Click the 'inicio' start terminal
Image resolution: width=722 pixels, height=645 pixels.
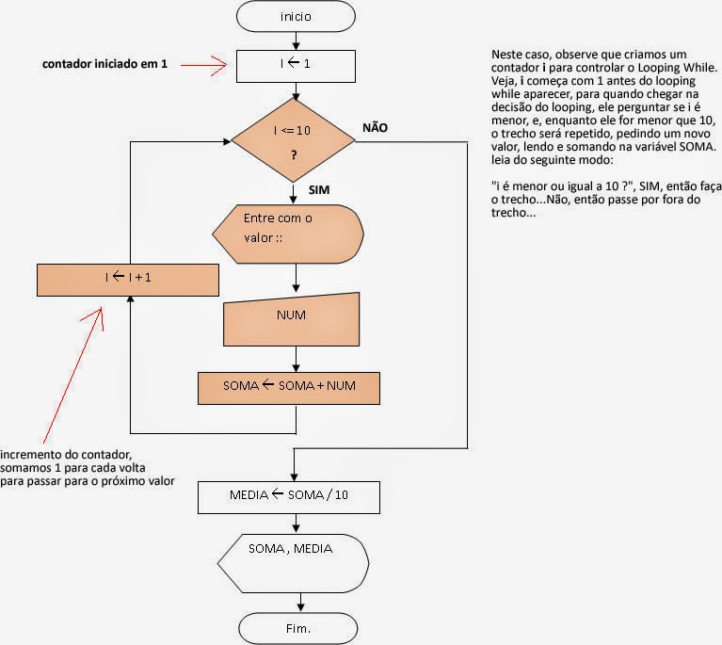click(297, 17)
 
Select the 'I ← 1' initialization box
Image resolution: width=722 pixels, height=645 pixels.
click(297, 66)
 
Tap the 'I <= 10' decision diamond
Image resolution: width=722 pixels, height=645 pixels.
click(294, 141)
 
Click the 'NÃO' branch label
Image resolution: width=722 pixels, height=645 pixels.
click(375, 127)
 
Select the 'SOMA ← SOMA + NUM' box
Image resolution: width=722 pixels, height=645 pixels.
click(289, 387)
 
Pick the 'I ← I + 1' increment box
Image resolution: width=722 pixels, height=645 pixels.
click(128, 280)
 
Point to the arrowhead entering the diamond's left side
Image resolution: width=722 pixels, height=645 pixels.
click(227, 141)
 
